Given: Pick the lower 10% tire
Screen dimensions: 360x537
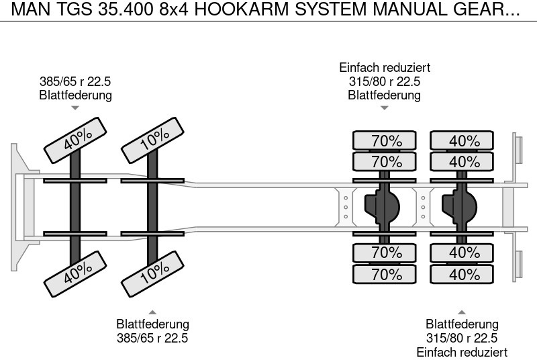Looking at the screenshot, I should point(154,271).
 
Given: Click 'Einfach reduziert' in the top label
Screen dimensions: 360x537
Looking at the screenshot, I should point(384,68).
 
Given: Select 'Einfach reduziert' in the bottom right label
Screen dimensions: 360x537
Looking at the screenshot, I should point(462,352).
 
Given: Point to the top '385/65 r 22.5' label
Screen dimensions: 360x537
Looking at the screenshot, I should point(75,82).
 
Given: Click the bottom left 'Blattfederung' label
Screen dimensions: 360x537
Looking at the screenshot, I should point(153,324).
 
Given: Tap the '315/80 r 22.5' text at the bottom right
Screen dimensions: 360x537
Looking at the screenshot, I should point(462,338).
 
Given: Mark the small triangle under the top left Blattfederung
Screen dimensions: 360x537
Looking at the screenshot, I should point(75,107).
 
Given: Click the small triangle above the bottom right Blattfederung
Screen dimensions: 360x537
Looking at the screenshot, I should point(462,312).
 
